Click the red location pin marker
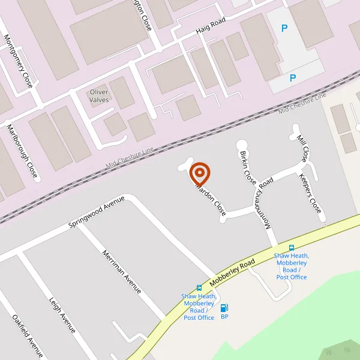(200, 173)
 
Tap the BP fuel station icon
(224, 308)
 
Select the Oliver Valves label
(99, 96)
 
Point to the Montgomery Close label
(19, 61)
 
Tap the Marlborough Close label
(22, 151)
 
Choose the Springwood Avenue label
(96, 212)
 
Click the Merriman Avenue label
(122, 271)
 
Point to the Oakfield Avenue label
(28, 335)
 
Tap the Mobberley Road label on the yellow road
(233, 272)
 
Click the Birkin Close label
(248, 168)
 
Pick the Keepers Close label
(311, 194)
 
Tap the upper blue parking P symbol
(284, 28)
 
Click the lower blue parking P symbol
(293, 78)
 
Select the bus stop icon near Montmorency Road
(292, 247)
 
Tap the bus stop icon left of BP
(199, 287)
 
